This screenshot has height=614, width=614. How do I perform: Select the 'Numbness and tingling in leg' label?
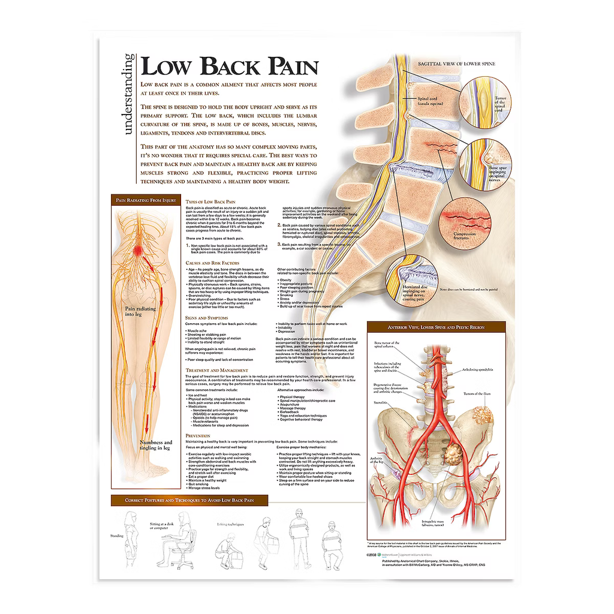point(155,444)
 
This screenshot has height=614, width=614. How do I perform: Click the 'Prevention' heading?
point(198,435)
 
